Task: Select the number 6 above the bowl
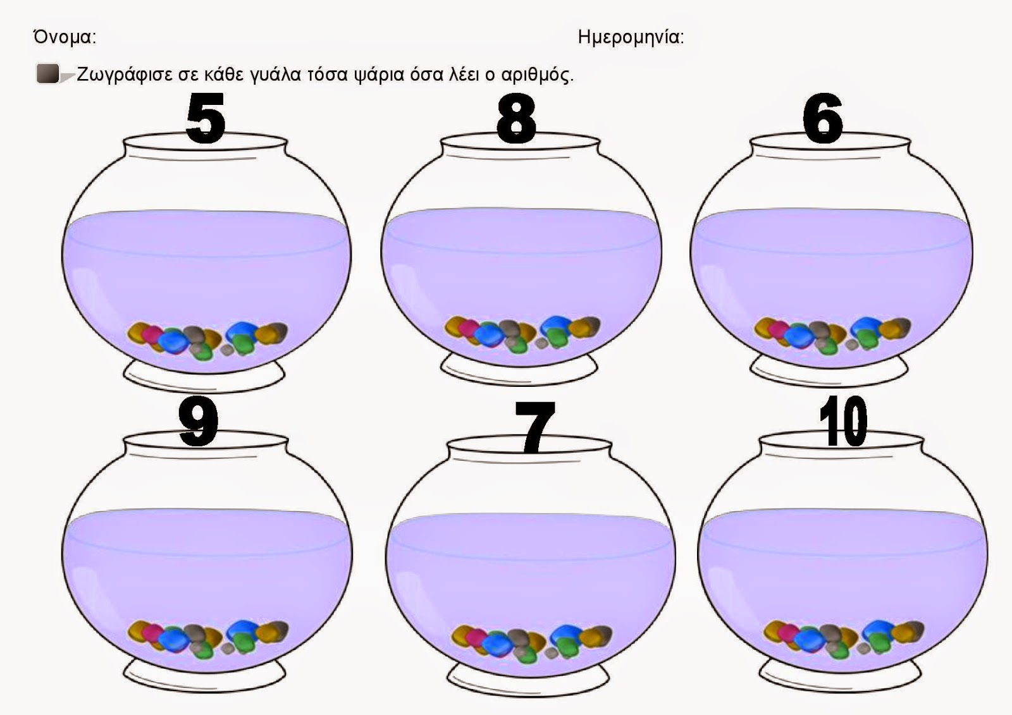[x=823, y=118]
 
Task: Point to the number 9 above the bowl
[x=199, y=422]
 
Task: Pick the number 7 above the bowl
[x=534, y=427]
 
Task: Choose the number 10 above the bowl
[x=843, y=421]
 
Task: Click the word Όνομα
[x=65, y=37]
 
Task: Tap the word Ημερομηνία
[x=631, y=37]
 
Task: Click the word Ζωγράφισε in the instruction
[x=124, y=75]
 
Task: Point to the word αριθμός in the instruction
[x=537, y=75]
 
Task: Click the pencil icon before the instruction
[x=54, y=74]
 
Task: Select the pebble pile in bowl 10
[x=844, y=639]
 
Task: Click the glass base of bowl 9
[x=205, y=678]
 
